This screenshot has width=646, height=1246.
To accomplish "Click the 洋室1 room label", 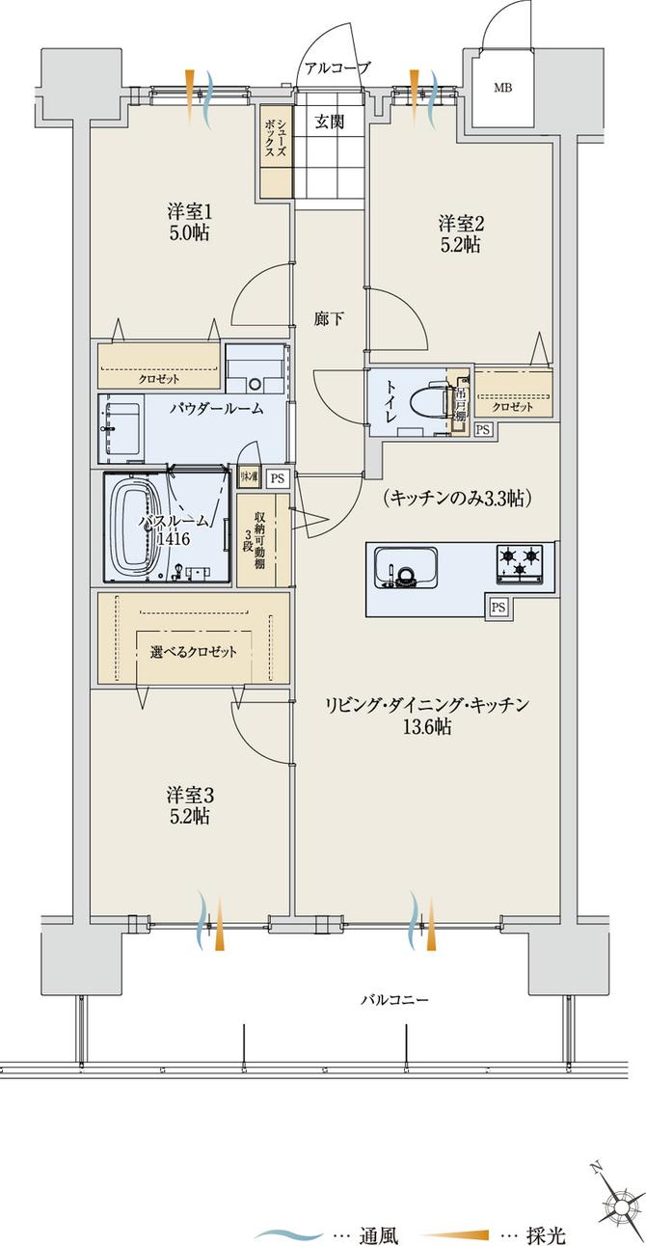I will [x=189, y=220].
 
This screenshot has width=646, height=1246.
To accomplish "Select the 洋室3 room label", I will [x=189, y=805].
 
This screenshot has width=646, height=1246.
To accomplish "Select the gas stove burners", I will [x=519, y=563].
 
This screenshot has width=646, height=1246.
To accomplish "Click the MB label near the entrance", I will [x=502, y=89].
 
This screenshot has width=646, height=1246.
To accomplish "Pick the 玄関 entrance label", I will [x=330, y=122].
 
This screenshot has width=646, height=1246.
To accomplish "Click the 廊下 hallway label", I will [x=329, y=318].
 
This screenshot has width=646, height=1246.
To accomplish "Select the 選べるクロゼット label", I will [x=194, y=652].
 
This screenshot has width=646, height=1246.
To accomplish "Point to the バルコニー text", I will [x=394, y=1000].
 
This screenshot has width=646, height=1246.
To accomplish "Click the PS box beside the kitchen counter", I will [x=498, y=607].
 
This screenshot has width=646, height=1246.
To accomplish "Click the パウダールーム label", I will [x=216, y=409].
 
